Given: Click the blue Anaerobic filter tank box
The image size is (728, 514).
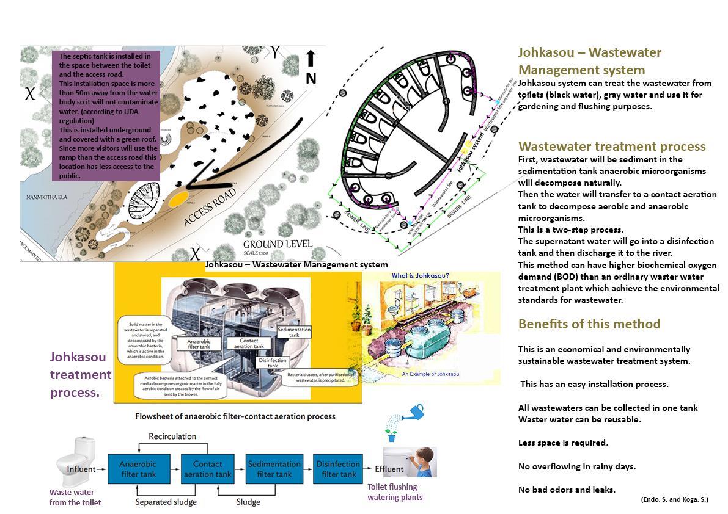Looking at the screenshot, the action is (138, 469).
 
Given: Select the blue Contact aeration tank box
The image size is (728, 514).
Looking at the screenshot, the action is (207, 469).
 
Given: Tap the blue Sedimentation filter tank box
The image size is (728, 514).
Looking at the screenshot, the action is (274, 469).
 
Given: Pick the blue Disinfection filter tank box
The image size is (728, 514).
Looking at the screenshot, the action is (339, 469).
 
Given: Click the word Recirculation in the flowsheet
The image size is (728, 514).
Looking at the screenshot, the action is (172, 436).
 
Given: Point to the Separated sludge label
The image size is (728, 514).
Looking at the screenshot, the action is (166, 502).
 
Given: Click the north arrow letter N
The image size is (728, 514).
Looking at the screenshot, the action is (311, 78).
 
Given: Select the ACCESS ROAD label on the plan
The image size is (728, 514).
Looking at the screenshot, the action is (210, 208).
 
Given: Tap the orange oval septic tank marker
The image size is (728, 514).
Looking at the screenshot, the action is (178, 198).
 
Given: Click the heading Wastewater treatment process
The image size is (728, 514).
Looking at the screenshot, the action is (612, 147).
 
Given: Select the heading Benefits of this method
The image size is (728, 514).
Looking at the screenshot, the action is (589, 324).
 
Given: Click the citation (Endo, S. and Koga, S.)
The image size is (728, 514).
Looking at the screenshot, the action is (674, 499).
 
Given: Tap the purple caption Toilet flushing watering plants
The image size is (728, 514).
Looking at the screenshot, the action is (394, 492).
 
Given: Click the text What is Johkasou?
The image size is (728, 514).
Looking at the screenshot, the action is (421, 276).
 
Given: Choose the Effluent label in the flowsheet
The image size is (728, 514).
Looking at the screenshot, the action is (389, 469).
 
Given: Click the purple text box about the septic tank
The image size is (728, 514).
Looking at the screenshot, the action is (106, 115).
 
